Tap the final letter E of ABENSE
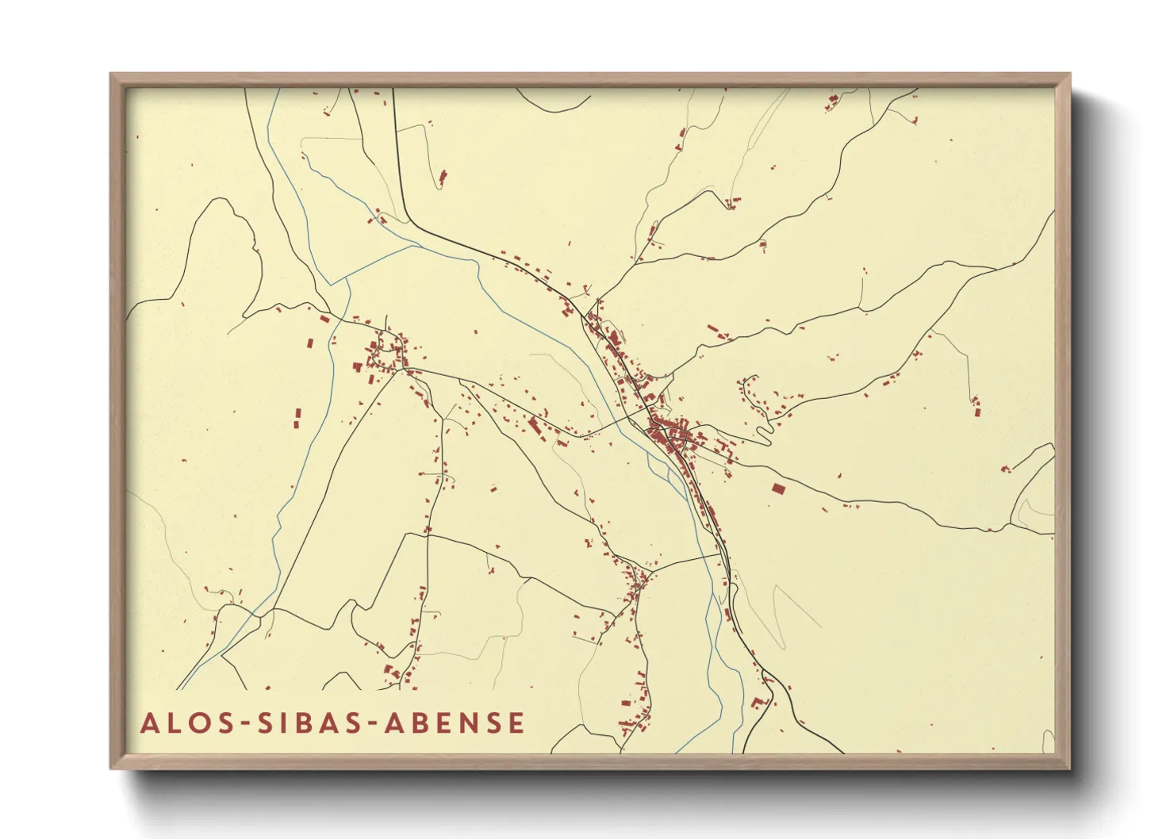(x=516, y=723)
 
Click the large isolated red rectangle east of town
(x=778, y=488)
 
